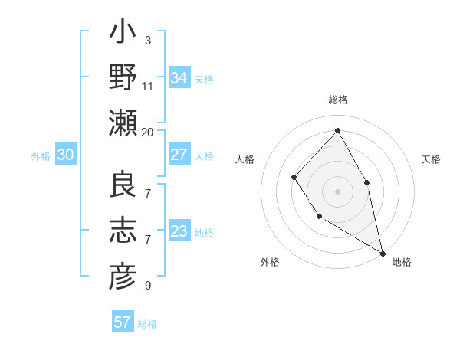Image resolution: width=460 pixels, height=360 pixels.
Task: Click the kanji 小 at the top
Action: click(123, 34)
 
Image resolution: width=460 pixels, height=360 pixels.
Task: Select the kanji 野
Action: click(123, 78)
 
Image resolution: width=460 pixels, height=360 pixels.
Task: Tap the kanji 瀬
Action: click(123, 123)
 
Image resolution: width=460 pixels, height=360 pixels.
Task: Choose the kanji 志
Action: click(123, 230)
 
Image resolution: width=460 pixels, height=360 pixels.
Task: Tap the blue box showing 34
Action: click(179, 78)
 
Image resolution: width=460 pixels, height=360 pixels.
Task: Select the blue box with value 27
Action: click(179, 155)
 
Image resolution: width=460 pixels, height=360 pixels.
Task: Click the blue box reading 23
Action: click(179, 231)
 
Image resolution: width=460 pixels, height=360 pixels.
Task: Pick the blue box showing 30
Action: click(66, 155)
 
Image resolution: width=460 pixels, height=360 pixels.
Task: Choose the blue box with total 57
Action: click(123, 322)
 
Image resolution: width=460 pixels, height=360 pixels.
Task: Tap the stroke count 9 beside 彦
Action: click(147, 286)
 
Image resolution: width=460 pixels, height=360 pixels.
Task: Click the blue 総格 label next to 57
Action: click(148, 324)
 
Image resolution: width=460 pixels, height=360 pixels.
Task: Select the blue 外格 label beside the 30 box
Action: click(41, 156)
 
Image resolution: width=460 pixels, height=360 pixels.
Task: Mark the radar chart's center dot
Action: click(337, 191)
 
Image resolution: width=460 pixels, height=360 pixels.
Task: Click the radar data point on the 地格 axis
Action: click(383, 252)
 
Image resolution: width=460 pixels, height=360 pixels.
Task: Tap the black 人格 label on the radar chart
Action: click(245, 159)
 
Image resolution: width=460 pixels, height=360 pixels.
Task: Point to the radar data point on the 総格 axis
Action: click(337, 129)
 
